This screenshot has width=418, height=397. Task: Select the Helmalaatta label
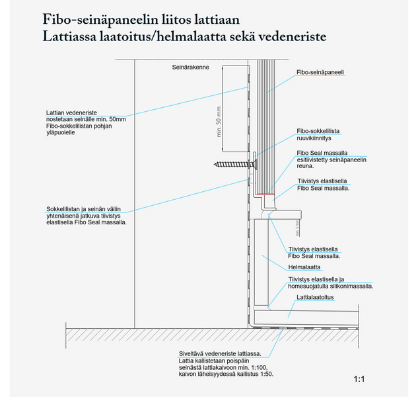[304, 267]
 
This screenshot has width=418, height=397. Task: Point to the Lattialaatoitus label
[315, 298]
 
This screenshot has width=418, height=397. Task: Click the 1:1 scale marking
[359, 379]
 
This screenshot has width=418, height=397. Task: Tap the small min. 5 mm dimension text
[297, 229]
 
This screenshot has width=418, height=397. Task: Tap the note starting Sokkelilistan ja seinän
[87, 212]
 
